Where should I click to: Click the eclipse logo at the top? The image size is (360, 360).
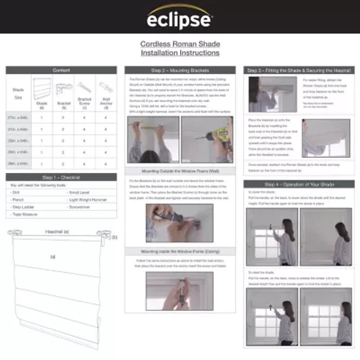(x=180, y=18)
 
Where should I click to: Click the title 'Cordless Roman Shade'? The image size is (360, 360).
(x=180, y=44)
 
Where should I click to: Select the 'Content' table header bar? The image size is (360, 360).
(x=61, y=70)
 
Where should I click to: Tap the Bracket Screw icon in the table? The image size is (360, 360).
(x=84, y=87)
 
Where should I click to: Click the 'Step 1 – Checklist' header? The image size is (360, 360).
(x=61, y=178)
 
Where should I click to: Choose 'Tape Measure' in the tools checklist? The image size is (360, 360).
(x=25, y=215)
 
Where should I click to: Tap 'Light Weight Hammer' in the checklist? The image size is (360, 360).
(x=88, y=200)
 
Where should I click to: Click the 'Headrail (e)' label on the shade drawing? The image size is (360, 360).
(x=57, y=232)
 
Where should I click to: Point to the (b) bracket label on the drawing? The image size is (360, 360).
(x=114, y=237)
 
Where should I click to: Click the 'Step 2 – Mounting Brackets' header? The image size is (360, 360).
(x=180, y=71)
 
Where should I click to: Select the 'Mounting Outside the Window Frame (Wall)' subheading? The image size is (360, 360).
(x=180, y=171)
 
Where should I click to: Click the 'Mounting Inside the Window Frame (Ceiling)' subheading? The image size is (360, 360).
(x=180, y=251)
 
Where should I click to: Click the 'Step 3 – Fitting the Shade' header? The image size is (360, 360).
(x=299, y=71)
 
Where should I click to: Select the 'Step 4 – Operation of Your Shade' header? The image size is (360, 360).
(x=299, y=184)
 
